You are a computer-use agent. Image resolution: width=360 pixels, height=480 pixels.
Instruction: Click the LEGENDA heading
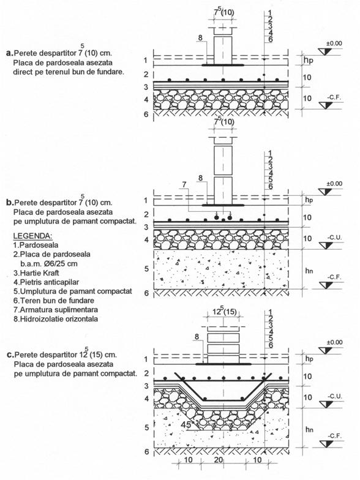pyautogui.click(x=33, y=236)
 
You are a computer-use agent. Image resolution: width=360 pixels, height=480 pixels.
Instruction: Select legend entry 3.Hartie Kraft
pyautogui.click(x=36, y=273)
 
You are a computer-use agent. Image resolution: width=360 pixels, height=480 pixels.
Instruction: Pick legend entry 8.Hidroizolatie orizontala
pyautogui.click(x=56, y=318)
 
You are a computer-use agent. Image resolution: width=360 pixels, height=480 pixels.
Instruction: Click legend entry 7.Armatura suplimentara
pyautogui.click(x=55, y=310)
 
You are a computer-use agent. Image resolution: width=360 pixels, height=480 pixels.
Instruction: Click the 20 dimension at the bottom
pyautogui.click(x=218, y=460)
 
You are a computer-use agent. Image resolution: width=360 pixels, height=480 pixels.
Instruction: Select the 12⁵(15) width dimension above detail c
pyautogui.click(x=224, y=311)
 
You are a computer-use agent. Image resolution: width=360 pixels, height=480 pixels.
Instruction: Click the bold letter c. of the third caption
pyautogui.click(x=10, y=355)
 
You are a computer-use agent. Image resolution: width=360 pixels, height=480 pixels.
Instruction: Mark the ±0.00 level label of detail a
pyautogui.click(x=334, y=43)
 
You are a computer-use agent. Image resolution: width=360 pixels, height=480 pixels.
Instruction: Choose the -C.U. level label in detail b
pyautogui.click(x=334, y=238)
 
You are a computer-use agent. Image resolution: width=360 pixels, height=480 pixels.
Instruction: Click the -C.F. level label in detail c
pyautogui.click(x=334, y=436)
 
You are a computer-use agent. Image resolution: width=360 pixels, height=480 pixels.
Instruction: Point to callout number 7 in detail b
pyautogui.click(x=184, y=185)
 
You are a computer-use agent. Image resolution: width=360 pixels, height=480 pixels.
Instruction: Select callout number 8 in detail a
pyautogui.click(x=200, y=38)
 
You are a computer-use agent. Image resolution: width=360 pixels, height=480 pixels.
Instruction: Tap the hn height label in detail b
pyautogui.click(x=309, y=271)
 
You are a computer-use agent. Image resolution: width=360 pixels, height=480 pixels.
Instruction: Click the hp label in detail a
pyautogui.click(x=309, y=60)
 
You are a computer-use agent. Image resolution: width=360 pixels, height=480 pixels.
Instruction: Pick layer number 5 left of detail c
pyautogui.click(x=147, y=427)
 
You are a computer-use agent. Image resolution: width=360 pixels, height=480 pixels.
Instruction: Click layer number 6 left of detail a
pyautogui.click(x=146, y=114)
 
